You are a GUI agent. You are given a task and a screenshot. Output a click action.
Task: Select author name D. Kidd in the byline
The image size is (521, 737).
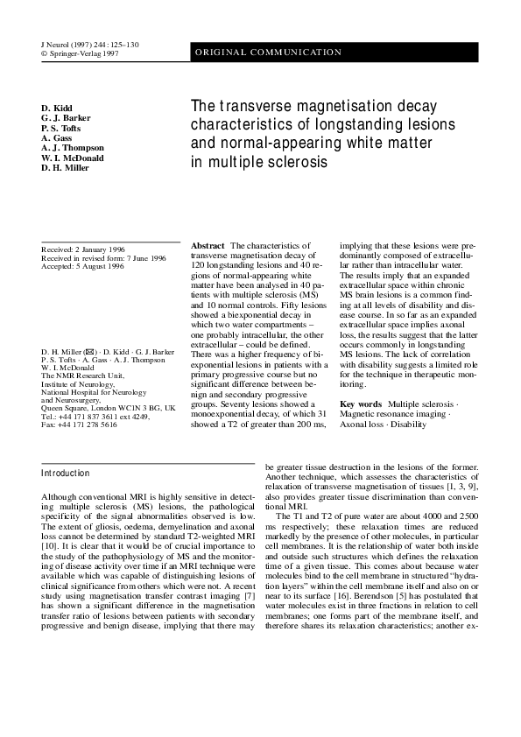point(58,108)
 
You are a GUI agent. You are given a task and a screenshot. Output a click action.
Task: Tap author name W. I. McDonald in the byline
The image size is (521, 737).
point(73,158)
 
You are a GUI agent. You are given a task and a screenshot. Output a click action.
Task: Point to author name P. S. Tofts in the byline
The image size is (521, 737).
point(61,128)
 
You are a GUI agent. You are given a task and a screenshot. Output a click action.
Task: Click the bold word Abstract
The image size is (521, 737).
point(208,248)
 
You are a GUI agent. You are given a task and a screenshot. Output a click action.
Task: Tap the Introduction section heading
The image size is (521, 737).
point(66,474)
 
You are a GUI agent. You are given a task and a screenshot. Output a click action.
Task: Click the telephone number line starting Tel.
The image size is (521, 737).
point(95,416)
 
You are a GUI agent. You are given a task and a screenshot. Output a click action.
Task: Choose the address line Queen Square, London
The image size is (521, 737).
point(109,408)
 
